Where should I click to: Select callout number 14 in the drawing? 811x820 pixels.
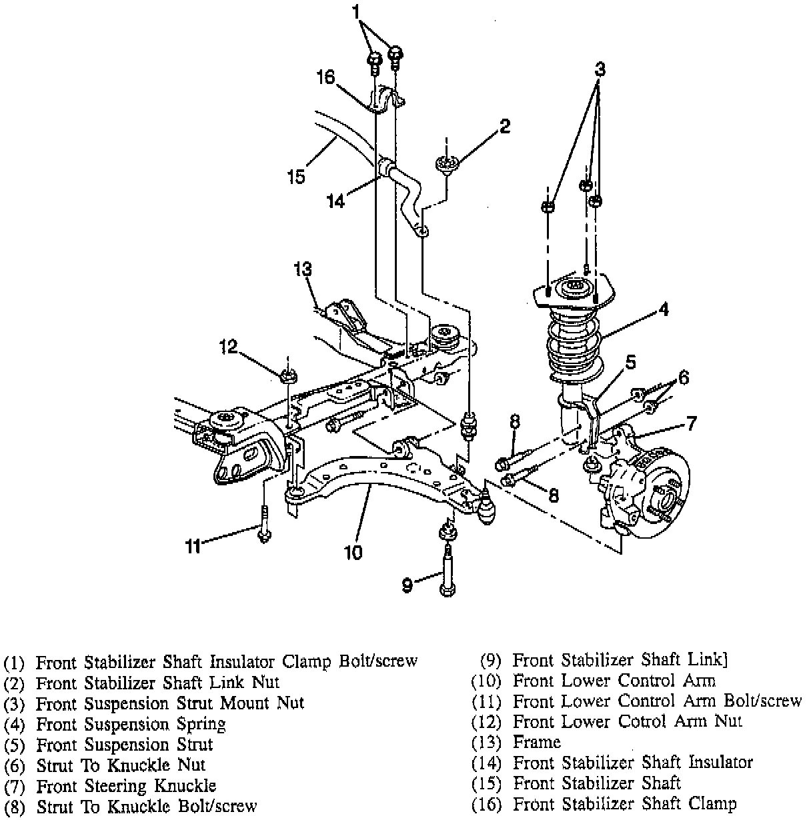[x=337, y=201]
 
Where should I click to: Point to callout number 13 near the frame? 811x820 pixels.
[x=302, y=269]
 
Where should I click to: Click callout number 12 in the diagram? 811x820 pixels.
[x=228, y=347]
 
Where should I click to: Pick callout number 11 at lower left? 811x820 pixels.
[x=193, y=546]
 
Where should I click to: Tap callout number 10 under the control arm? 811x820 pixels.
[x=353, y=553]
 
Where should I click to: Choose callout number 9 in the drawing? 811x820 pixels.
[x=408, y=585]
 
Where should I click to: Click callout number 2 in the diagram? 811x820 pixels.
[x=505, y=125]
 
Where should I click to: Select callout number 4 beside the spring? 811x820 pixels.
[x=664, y=309]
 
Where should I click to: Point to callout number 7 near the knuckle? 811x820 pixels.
[x=692, y=423]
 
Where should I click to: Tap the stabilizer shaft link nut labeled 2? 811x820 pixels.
[x=446, y=163]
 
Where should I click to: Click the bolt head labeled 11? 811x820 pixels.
[x=265, y=534]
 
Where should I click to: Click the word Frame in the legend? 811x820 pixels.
[x=536, y=741]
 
